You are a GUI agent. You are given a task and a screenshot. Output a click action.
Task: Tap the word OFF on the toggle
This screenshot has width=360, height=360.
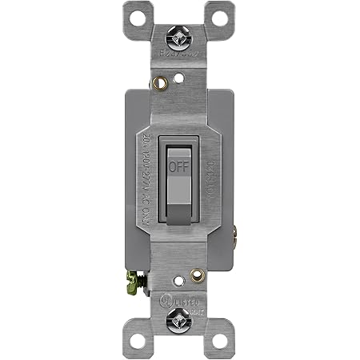pos(178,167)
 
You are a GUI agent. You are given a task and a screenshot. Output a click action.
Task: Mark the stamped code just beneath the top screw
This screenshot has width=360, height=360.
pos(179,57)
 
